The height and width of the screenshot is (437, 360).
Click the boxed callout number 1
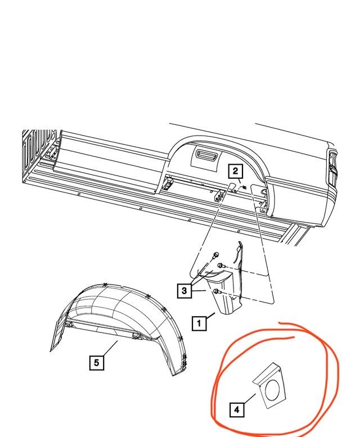(199, 323)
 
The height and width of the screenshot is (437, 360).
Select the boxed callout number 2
(236, 171)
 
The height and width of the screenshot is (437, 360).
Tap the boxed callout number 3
(184, 291)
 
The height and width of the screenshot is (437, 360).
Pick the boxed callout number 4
(237, 409)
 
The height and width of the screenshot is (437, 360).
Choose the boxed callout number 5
(96, 363)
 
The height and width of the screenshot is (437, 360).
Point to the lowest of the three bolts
(217, 291)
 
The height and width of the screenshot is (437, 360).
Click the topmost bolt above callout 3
(215, 254)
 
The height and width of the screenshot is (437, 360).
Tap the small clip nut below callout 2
(244, 187)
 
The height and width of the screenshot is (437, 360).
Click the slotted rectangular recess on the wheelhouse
(205, 153)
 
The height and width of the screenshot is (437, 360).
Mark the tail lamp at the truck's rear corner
(332, 167)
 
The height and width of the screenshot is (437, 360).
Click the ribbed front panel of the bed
(39, 154)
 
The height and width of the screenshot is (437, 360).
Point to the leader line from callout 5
(110, 348)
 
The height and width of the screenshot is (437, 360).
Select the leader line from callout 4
(250, 399)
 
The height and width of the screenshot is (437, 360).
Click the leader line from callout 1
(210, 317)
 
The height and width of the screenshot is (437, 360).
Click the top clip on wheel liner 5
(105, 285)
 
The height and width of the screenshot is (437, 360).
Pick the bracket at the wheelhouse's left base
(168, 184)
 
